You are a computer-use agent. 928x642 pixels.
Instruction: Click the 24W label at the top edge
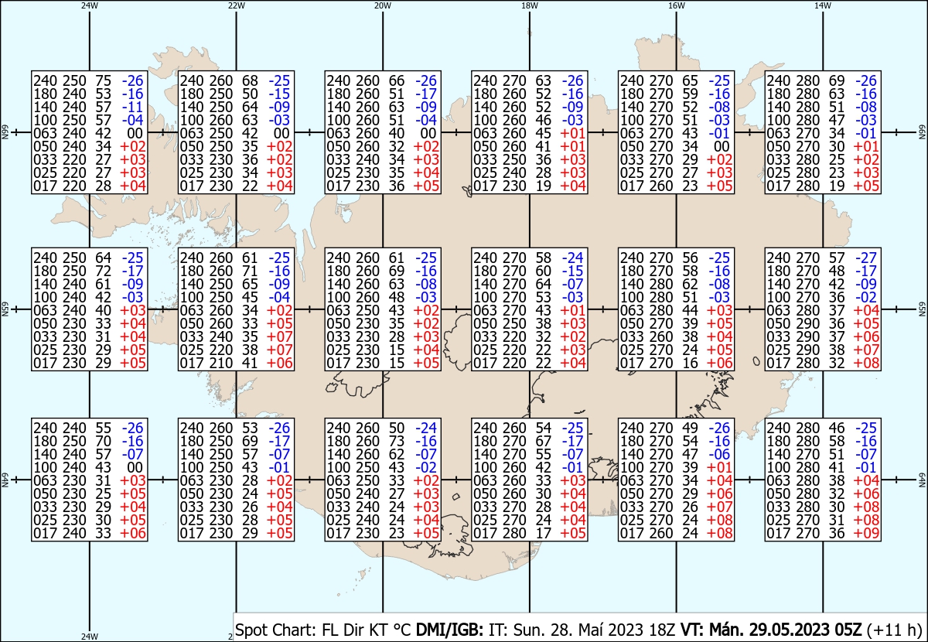pyautogui.click(x=90, y=5)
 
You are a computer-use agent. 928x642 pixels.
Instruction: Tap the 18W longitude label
pyautogui.click(x=530, y=5)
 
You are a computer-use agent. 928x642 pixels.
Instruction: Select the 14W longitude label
pyautogui.click(x=823, y=5)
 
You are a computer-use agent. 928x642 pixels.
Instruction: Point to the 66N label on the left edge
pyautogui.click(x=5, y=132)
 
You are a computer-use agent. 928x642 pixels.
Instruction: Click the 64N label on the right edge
pyautogui.click(x=922, y=480)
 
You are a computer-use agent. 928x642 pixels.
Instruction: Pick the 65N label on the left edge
pyautogui.click(x=5, y=309)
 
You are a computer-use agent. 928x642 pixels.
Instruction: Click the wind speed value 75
pyautogui.click(x=103, y=80)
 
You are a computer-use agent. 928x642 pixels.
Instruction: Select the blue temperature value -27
pyautogui.click(x=866, y=258)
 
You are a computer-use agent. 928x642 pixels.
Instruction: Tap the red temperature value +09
pyautogui.click(x=866, y=533)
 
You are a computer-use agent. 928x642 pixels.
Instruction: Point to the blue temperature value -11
pyautogui.click(x=132, y=107)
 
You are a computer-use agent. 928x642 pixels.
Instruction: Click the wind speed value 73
pyautogui.click(x=397, y=441)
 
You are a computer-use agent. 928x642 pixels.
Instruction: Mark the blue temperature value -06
pyautogui.click(x=719, y=454)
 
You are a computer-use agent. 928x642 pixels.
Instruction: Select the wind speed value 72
pyautogui.click(x=103, y=271)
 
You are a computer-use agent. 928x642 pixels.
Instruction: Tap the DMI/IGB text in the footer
pyautogui.click(x=449, y=630)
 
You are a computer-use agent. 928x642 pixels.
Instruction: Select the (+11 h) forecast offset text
pyautogui.click(x=894, y=630)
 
